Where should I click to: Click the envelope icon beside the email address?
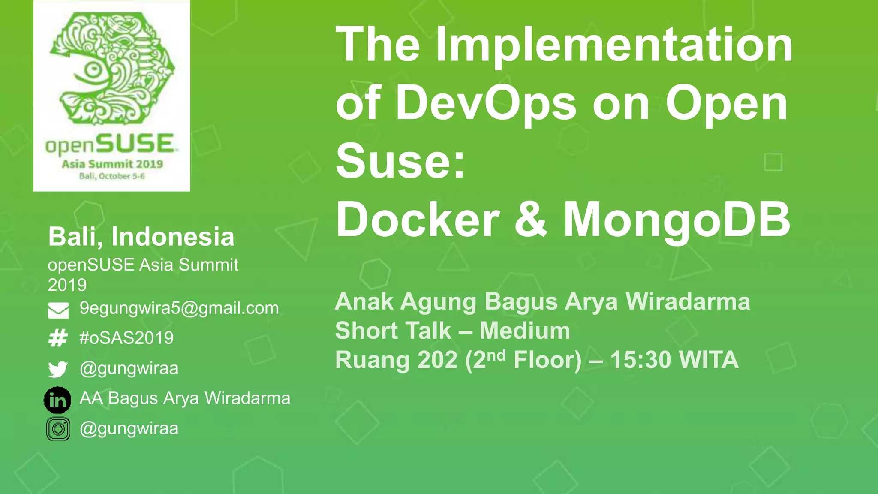58,310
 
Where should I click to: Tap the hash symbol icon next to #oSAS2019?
58,338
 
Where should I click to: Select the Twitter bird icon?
58,369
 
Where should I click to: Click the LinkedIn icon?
57,400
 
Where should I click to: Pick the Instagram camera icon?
58,429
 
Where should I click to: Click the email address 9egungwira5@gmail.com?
179,308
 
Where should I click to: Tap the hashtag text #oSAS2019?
127,338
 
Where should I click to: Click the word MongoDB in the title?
677,220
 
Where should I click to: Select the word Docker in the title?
418,220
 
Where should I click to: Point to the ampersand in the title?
531,220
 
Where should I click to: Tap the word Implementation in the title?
614,45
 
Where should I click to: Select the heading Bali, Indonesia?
141,237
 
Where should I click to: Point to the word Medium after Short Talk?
525,331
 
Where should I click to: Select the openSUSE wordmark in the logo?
111,144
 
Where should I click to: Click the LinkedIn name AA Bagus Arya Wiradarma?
185,398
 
